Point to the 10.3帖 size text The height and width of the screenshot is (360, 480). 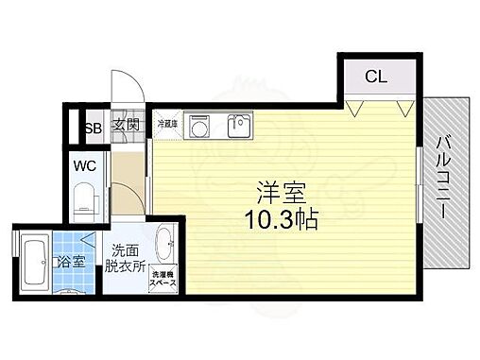[280, 219]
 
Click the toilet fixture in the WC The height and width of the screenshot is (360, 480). [83, 199]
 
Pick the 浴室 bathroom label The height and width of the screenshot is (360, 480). [72, 262]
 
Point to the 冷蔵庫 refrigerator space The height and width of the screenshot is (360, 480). [167, 124]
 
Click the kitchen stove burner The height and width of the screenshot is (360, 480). [200, 125]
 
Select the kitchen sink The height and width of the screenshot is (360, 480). [239, 125]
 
